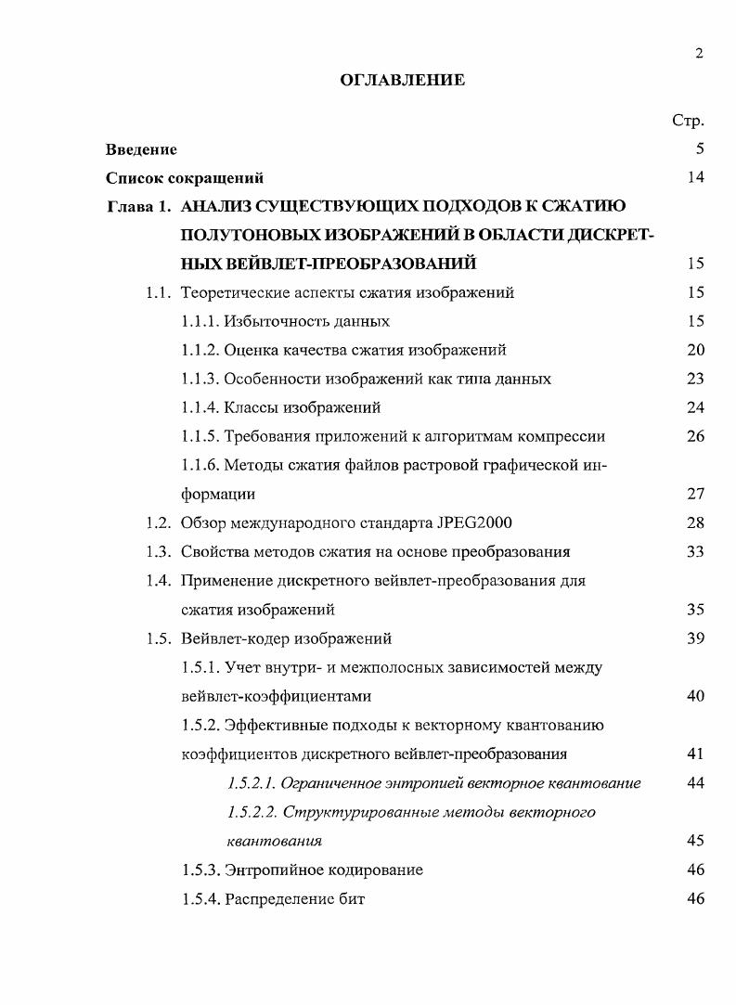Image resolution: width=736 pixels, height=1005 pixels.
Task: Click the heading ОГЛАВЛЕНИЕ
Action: [403, 81]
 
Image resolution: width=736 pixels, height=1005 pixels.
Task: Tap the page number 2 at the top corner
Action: [699, 53]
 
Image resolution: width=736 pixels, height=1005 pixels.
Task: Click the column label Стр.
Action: [688, 120]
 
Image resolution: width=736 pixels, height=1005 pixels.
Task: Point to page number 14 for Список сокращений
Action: [695, 177]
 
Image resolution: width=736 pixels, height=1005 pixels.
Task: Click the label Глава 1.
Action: [138, 206]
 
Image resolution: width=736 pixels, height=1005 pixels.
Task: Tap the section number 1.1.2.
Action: [200, 350]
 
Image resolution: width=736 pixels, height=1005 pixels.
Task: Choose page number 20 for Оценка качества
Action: [695, 350]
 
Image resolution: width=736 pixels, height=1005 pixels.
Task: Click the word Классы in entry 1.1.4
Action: [251, 407]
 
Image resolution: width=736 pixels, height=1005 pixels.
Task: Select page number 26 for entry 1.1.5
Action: [695, 436]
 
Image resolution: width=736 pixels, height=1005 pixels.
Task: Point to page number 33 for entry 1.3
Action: [695, 551]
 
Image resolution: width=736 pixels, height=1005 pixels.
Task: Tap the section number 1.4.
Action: [158, 581]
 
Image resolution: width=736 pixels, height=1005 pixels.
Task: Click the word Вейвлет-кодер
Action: [236, 638]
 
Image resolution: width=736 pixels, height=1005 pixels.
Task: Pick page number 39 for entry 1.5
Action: [695, 638]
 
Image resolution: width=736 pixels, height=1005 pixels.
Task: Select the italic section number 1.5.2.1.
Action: [252, 783]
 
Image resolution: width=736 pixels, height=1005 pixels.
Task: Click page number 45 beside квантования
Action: [695, 841]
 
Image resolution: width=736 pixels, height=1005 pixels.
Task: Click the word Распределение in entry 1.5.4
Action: [278, 898]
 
